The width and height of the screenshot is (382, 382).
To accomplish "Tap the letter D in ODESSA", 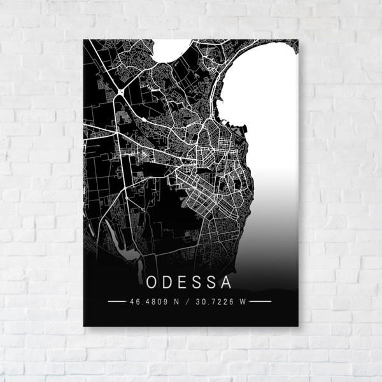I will tap(169, 281).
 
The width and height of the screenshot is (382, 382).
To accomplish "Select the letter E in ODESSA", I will tap(184, 281).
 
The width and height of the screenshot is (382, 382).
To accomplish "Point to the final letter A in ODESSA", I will tap(228, 281).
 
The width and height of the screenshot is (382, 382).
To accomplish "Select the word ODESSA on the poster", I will tap(190, 281).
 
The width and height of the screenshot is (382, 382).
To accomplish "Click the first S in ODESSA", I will tap(199, 281).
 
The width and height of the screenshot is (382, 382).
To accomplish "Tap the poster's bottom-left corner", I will tap(84, 326).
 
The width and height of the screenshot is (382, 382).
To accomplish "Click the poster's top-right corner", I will tap(298, 40).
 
